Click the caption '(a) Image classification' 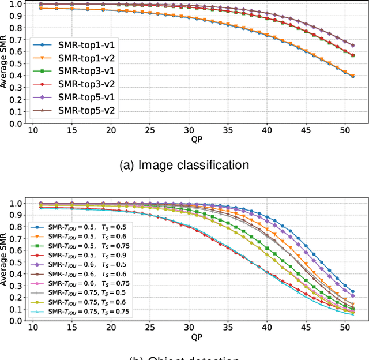[184, 165]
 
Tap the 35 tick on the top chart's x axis [229, 130]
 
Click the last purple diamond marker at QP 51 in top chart [353, 45]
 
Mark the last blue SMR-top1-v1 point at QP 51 [353, 76]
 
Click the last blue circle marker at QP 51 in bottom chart [353, 292]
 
